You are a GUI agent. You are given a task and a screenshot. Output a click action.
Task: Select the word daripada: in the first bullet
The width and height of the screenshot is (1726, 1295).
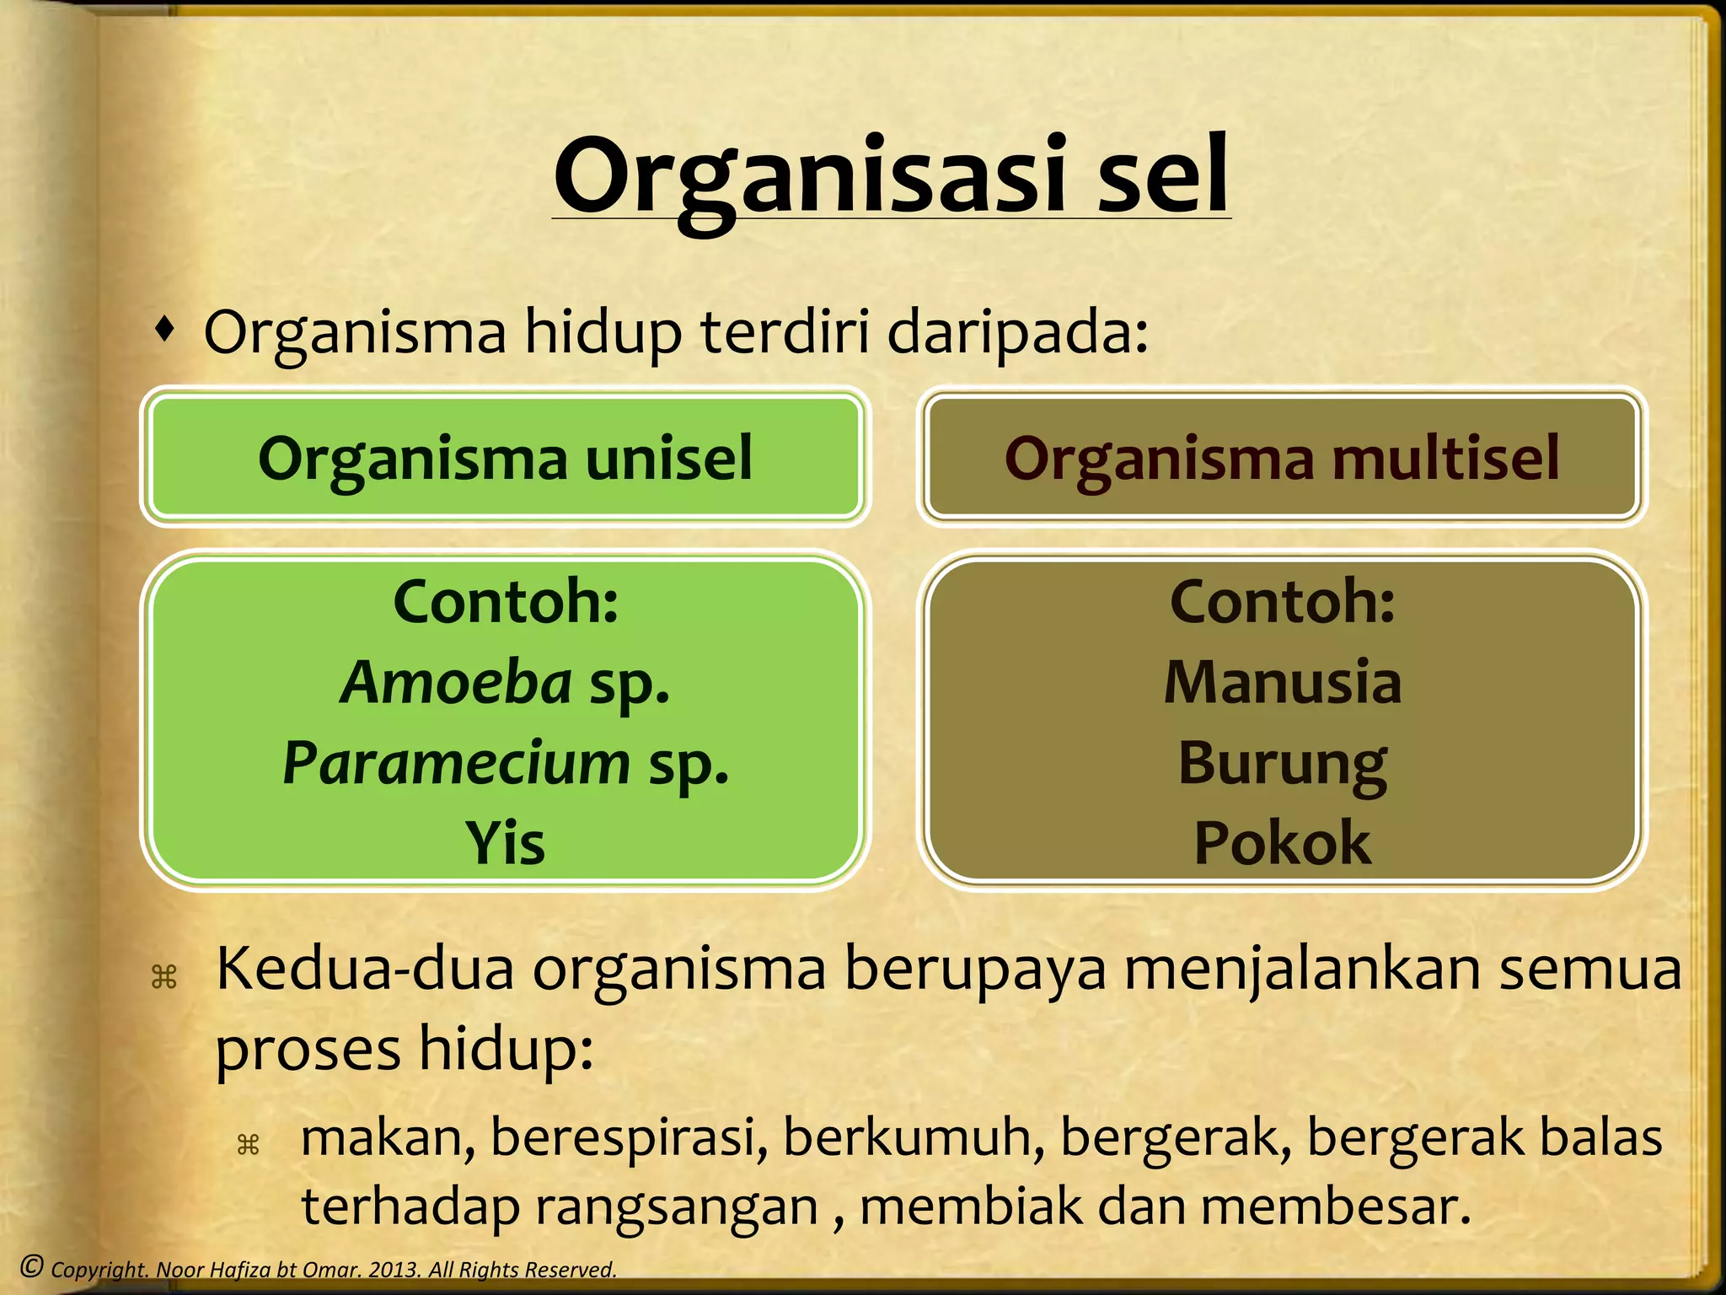coord(1018,331)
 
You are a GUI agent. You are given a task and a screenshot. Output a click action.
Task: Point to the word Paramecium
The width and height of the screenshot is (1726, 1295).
coord(456,762)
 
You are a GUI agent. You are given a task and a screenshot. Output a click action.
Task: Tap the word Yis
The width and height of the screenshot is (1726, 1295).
coord(506,842)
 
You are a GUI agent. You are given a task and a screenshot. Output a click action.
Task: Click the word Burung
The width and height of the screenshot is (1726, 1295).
coord(1282,764)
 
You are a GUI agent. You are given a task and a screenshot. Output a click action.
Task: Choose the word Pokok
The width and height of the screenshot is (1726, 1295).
coord(1282,842)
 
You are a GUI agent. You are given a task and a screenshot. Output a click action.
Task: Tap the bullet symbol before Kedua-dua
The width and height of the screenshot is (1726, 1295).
coord(163,977)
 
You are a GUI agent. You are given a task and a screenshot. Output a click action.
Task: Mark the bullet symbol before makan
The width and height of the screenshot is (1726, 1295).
coord(248,1144)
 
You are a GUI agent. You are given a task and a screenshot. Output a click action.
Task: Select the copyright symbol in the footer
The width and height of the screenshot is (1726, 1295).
coord(31,1265)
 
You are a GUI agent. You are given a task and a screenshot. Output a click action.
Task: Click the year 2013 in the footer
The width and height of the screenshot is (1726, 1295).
coord(394,1269)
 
